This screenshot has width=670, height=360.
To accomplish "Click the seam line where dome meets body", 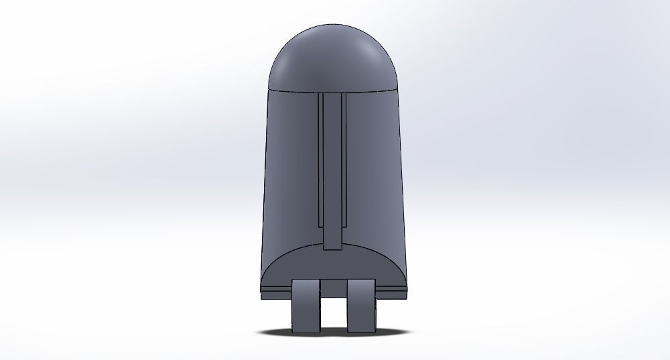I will [295, 89].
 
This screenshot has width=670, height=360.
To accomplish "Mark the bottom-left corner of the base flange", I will [259, 296].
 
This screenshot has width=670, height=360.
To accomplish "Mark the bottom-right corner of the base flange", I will [407, 296].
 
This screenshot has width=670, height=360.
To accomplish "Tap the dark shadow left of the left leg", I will [278, 331].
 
